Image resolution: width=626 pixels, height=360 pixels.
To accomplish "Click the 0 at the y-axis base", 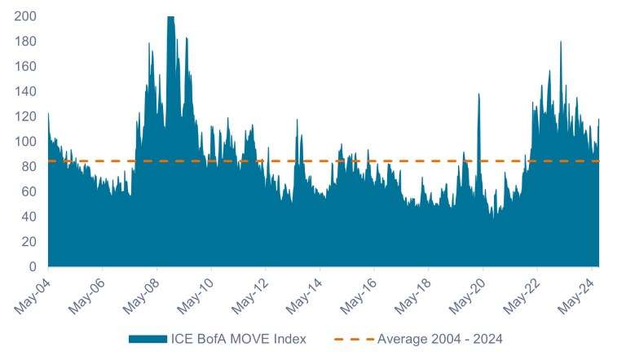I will tap(33, 267).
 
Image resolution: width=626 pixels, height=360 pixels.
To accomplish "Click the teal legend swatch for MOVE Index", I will tap(148, 339).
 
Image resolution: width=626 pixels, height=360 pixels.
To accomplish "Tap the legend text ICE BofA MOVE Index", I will tap(239, 339).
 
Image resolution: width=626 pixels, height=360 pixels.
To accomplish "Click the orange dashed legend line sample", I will tap(353, 339).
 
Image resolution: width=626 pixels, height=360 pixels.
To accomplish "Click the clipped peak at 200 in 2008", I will tap(170, 18).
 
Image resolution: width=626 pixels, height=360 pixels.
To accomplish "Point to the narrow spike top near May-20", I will tap(478, 94).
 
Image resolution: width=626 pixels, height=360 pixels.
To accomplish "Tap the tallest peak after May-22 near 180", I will tap(561, 42).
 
